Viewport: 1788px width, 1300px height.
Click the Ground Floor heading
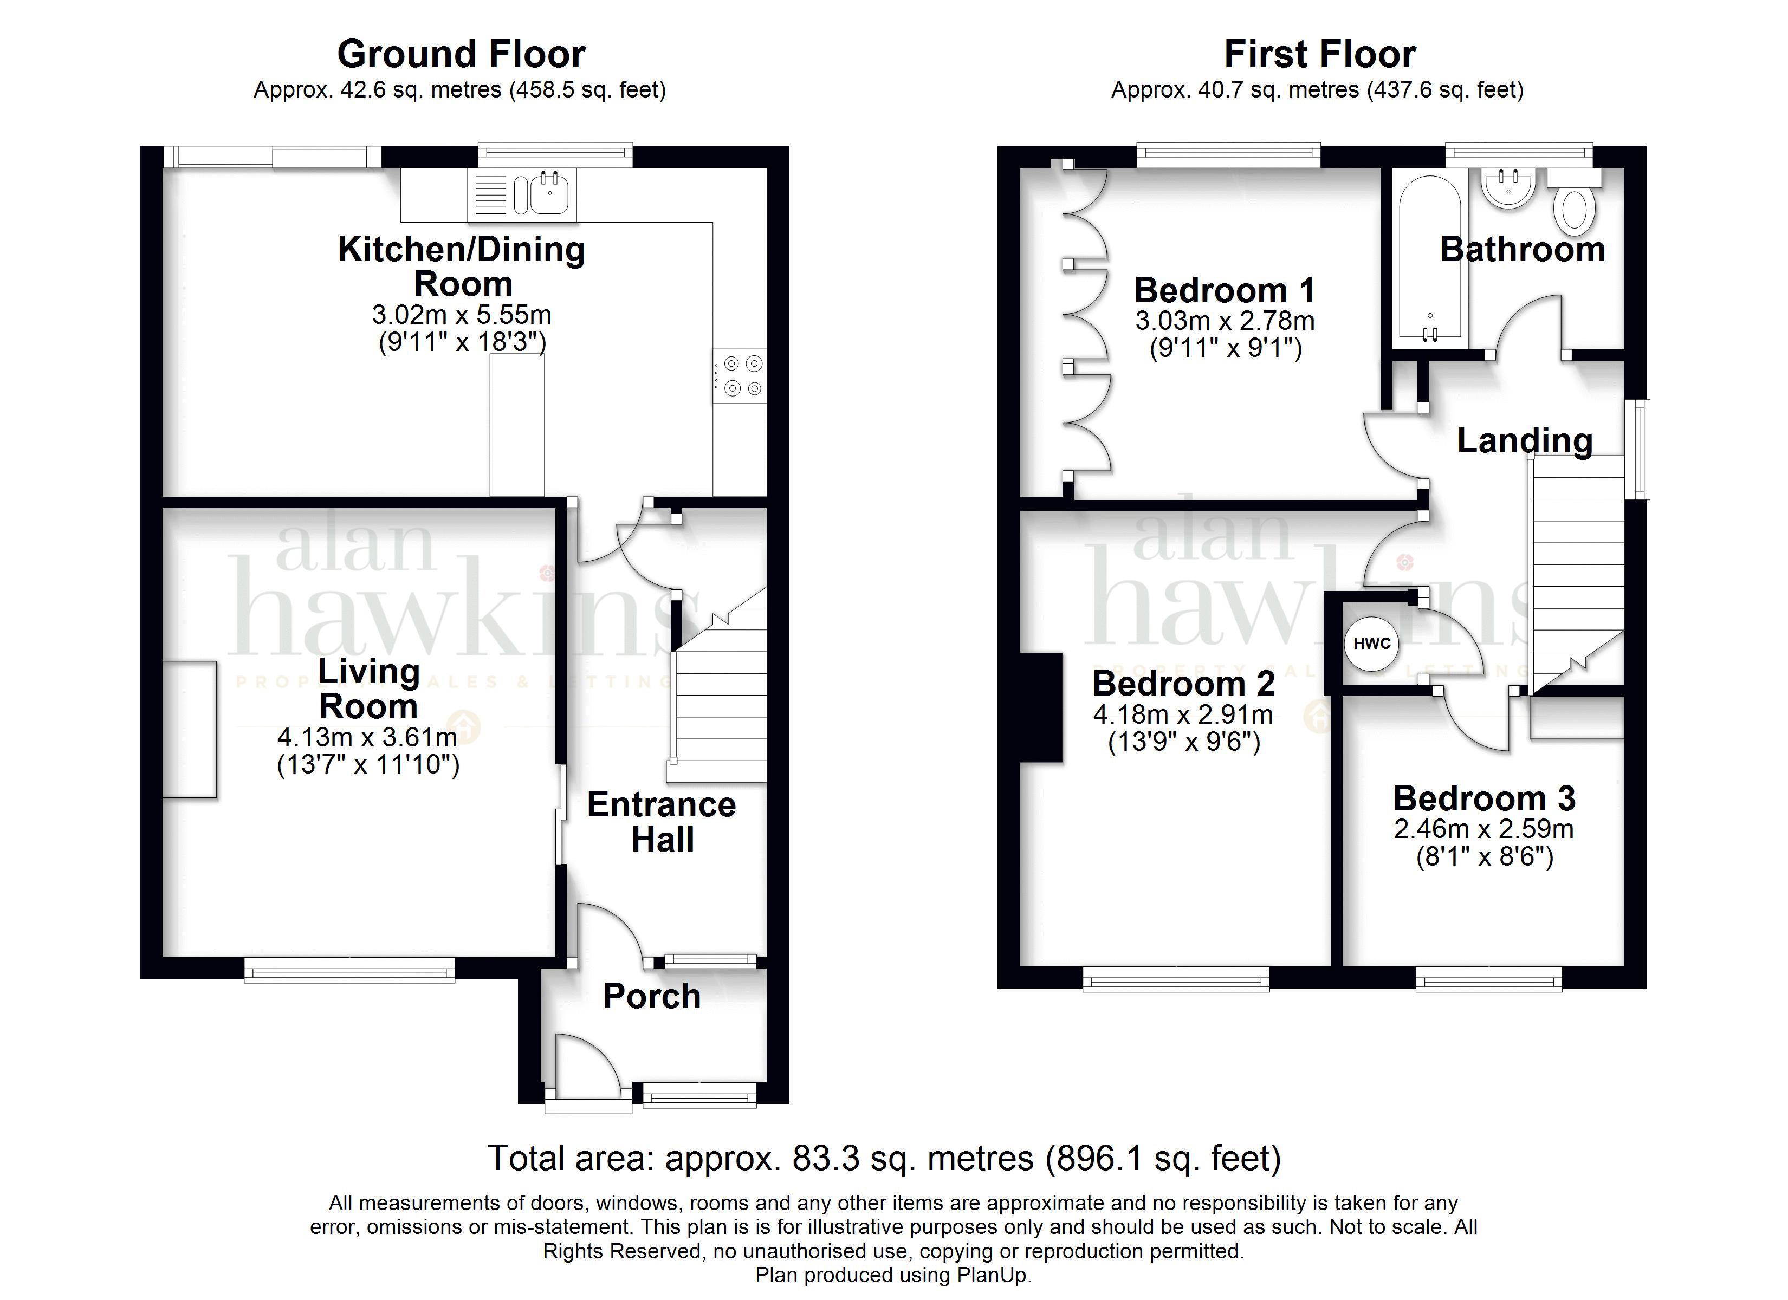pos(461,54)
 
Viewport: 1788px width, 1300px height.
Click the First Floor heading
pos(1320,54)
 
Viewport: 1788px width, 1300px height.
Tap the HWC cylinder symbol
pos(1372,643)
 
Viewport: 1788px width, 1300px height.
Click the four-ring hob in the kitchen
pos(740,376)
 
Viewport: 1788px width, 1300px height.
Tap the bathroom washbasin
pos(1508,189)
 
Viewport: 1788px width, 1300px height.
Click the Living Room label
pos(368,688)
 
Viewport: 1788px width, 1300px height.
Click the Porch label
pos(652,997)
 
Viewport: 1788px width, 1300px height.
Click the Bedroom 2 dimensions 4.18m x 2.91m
pos(1183,715)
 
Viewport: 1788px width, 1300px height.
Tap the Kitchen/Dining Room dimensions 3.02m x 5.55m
pos(461,315)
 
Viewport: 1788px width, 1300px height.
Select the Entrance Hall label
pos(662,822)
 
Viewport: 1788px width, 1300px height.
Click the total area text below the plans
pos(885,1158)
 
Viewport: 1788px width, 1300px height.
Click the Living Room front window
pos(349,970)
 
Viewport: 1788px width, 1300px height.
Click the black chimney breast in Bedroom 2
pos(1041,708)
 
